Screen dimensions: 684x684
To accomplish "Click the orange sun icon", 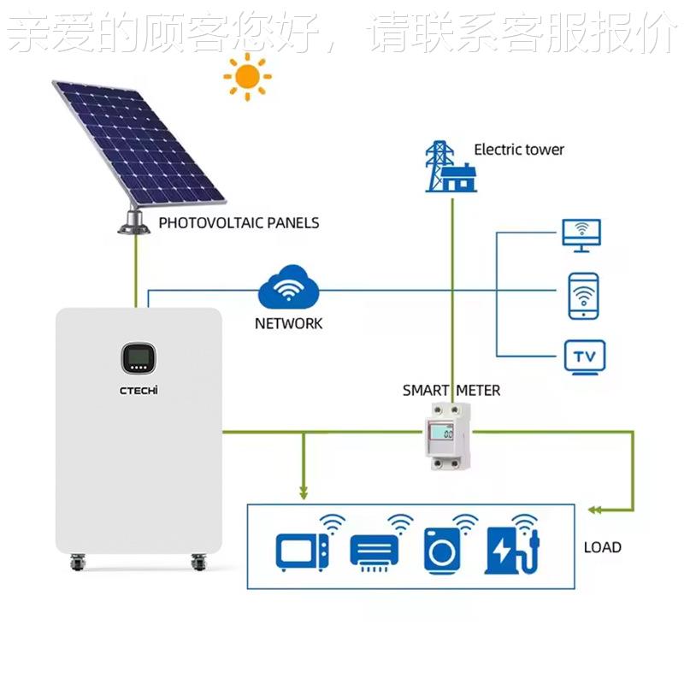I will (x=247, y=77).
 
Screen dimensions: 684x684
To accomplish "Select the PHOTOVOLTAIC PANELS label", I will (x=239, y=223).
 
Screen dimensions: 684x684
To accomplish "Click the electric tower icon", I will (x=451, y=167).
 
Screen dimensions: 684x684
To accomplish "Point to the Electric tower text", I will (x=519, y=150).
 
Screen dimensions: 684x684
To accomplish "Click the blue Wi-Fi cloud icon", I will (x=288, y=288).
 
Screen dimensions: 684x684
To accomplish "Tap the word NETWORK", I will (x=288, y=323).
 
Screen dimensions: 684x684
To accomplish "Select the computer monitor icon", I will (x=581, y=234).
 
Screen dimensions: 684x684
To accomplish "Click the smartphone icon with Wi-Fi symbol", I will (x=583, y=296).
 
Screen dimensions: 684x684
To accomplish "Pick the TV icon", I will (x=585, y=356).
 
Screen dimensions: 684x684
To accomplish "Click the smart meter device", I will (x=449, y=435).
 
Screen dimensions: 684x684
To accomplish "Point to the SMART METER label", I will (x=451, y=391).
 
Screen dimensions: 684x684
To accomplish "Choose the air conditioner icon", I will (x=374, y=549).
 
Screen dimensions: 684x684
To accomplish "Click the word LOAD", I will (x=602, y=547).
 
